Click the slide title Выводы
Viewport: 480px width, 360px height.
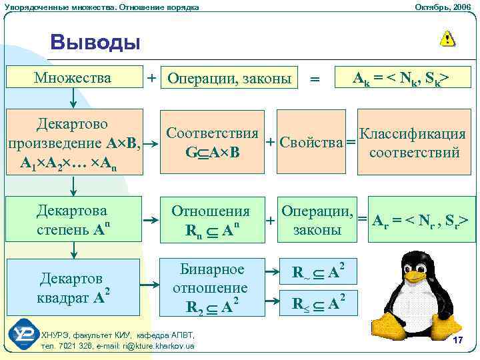click(95, 43)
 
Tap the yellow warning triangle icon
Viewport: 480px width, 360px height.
click(447, 39)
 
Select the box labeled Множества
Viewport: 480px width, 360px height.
click(73, 78)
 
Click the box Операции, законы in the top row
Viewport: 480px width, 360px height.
click(230, 79)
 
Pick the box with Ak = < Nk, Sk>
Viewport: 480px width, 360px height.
click(401, 79)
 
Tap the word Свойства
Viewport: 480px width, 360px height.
click(305, 142)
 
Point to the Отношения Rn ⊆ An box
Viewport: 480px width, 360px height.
click(211, 221)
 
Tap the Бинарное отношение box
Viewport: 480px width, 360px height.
click(211, 287)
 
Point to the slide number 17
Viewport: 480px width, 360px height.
click(457, 341)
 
